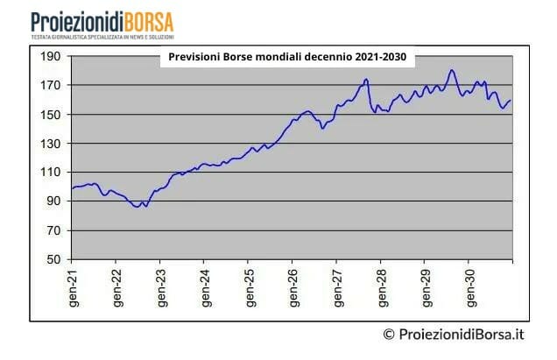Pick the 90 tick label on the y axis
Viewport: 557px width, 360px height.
click(x=53, y=201)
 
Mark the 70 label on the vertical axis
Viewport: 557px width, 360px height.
click(x=53, y=230)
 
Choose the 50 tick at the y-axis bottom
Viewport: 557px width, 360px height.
click(x=53, y=260)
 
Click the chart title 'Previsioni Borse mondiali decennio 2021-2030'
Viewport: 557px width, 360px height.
click(x=286, y=58)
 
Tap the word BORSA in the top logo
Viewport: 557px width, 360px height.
click(x=149, y=21)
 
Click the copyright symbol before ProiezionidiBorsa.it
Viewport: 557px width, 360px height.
click(x=389, y=334)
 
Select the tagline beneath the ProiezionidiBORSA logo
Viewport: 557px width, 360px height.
click(x=102, y=38)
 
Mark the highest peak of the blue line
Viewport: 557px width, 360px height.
click(x=452, y=70)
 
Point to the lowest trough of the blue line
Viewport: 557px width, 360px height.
click(x=137, y=207)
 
